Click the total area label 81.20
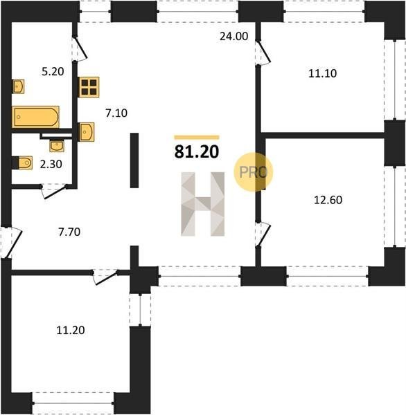[x=197, y=152]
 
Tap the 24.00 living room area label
[x=234, y=36]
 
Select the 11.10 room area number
[x=322, y=73]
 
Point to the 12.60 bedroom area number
[x=328, y=200]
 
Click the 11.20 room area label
[x=71, y=330]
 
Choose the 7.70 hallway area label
[x=69, y=232]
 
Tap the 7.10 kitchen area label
[x=116, y=113]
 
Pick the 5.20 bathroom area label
[x=53, y=71]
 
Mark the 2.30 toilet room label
[x=51, y=164]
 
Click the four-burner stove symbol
[x=89, y=87]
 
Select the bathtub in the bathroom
[x=35, y=117]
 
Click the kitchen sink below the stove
[x=86, y=132]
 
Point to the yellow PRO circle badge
[x=254, y=172]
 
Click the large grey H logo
[x=202, y=204]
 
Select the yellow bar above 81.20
[x=197, y=137]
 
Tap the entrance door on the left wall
[x=10, y=242]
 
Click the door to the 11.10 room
[x=263, y=52]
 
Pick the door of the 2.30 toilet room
[x=54, y=190]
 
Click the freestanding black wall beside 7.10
[x=134, y=160]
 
